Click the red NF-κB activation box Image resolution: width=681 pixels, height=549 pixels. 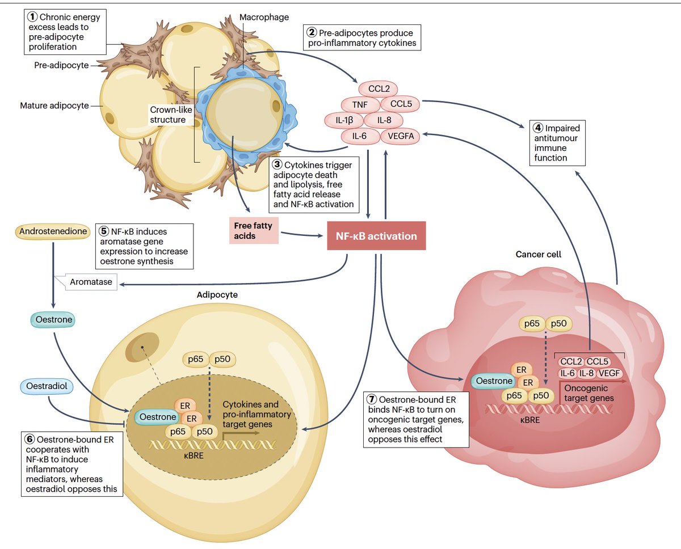376,235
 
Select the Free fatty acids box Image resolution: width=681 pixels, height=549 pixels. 254,230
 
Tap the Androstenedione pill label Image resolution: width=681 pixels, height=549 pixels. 53,232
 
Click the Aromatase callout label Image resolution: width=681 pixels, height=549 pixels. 91,282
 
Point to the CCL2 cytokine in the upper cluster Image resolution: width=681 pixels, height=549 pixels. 378,89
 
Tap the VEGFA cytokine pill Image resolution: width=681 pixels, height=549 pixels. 401,136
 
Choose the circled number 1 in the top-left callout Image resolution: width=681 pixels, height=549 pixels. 33,16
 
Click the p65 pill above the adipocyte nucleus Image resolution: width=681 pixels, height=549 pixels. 195,359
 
